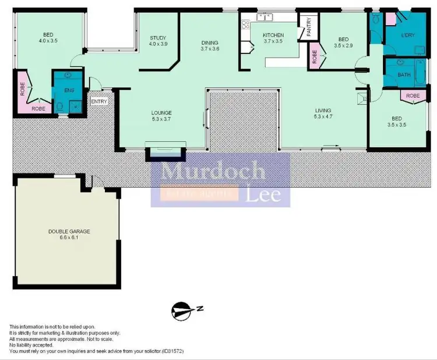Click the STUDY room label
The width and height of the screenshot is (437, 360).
pos(158,37)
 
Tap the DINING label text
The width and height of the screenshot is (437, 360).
pos(210,43)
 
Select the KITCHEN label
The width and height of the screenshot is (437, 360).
pos(273,35)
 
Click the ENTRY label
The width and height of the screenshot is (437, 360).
pos(99,102)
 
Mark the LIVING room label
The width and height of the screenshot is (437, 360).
pos(323,110)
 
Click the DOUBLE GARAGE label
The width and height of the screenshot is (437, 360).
pos(69,231)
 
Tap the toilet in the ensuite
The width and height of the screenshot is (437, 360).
pos(60,107)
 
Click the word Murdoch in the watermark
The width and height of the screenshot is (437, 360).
pos(213,171)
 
